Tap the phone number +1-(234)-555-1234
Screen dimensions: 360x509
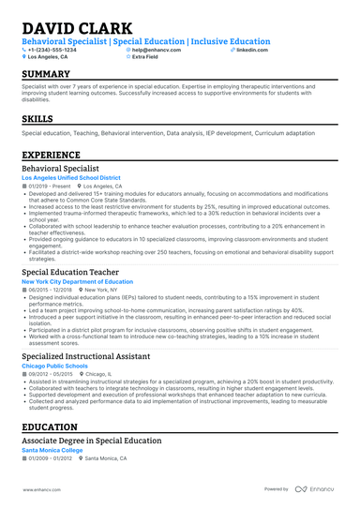click(x=59, y=49)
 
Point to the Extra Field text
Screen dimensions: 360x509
click(x=149, y=57)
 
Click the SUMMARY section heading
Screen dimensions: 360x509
click(x=46, y=74)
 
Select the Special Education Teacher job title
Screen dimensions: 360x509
click(x=71, y=272)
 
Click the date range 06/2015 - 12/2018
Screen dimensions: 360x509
click(x=50, y=290)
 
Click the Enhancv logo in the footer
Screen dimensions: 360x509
click(x=319, y=489)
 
